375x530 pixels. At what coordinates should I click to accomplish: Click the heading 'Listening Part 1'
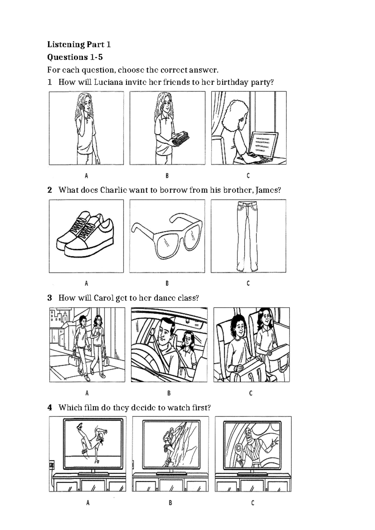click(79, 44)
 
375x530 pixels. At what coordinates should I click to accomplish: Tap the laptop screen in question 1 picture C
click(264, 144)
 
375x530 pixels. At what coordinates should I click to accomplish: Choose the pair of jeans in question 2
click(247, 236)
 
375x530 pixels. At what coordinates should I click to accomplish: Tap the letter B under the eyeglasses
click(167, 283)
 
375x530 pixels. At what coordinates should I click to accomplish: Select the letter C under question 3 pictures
click(251, 393)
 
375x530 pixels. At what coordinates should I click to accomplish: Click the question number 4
click(49, 407)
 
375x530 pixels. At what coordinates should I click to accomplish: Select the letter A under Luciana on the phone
click(86, 176)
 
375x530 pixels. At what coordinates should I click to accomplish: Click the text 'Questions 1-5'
click(75, 57)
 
